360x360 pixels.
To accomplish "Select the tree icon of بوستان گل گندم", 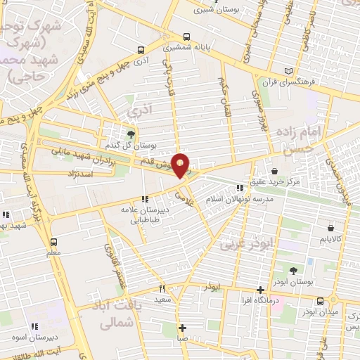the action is point(131,133).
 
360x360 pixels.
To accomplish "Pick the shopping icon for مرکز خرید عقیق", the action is point(274,171).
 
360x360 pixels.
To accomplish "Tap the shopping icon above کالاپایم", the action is point(330,227).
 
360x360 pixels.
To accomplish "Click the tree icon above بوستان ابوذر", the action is point(294,270).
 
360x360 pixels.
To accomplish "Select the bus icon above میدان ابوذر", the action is point(321,300).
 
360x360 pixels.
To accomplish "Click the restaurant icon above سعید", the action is point(162,288).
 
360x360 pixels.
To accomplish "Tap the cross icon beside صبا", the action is point(182,328).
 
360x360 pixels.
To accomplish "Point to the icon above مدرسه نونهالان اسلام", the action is point(240,188).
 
